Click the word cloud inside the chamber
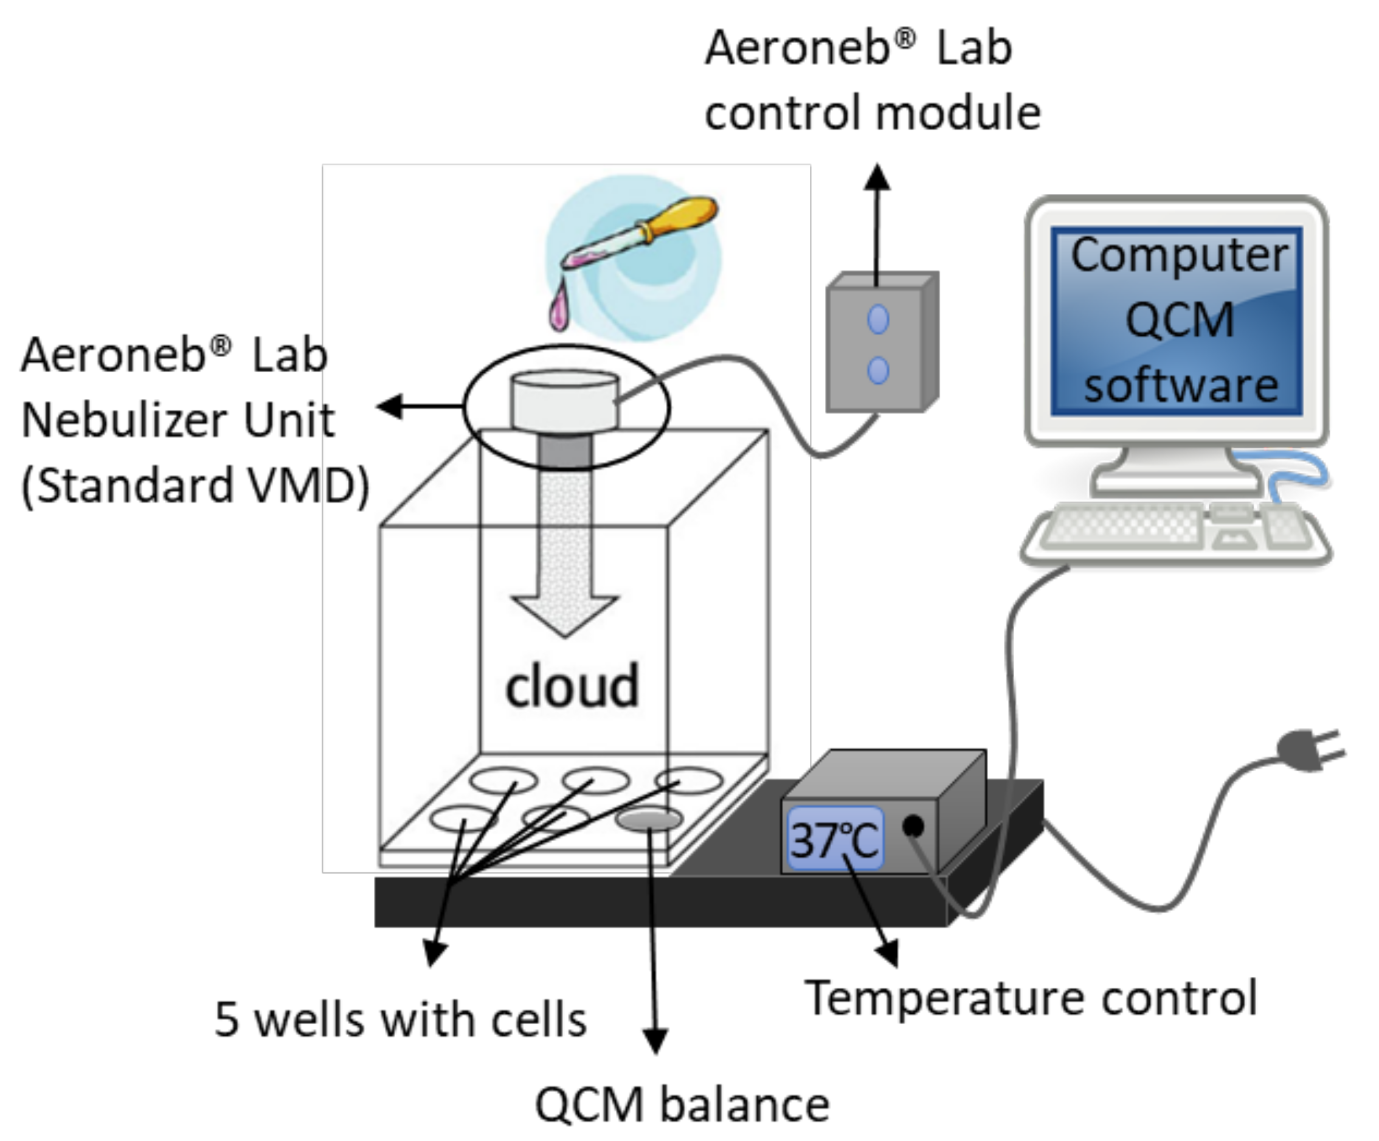572,687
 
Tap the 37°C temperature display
835,839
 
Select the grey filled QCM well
649,819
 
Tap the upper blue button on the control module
878,320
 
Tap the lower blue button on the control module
878,370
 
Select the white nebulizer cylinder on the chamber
565,401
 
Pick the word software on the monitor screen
1181,386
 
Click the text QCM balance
682,1106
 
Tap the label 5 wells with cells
401,1020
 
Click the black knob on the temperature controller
913,826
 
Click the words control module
873,113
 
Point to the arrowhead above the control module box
877,178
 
